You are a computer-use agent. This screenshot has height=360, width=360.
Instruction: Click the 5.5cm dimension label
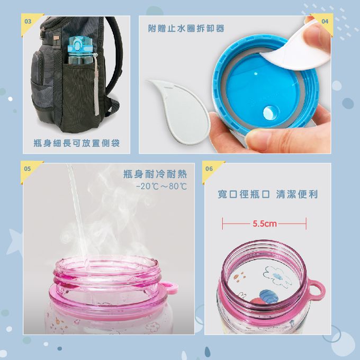pos(265,223)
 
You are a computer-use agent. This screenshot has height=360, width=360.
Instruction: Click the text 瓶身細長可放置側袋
pos(77,143)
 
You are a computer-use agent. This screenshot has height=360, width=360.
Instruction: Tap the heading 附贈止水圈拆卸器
pos(186,29)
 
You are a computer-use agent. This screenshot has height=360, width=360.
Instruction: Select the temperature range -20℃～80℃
pos(161,186)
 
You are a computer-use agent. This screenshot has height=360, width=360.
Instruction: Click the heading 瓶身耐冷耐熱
pos(155,174)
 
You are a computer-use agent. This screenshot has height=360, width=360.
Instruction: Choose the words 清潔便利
pos(297,194)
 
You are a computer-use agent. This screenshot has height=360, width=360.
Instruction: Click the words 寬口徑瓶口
pos(244,194)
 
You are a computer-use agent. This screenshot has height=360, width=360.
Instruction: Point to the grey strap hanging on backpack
pos(96,89)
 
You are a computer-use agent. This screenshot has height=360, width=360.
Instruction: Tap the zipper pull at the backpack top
pos(43,34)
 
